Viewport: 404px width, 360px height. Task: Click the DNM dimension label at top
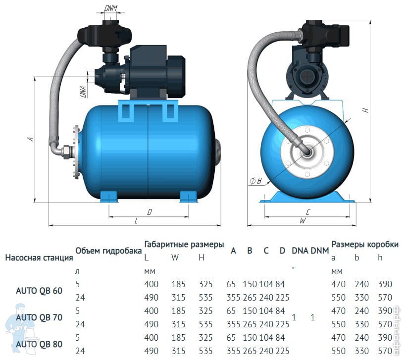[111, 8]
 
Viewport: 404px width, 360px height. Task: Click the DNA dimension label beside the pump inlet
[83, 92]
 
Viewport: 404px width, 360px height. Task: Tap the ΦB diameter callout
[255, 181]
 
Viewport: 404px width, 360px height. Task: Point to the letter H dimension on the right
[365, 110]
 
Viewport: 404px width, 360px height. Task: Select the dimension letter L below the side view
[136, 220]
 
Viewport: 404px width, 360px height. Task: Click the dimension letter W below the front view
[303, 220]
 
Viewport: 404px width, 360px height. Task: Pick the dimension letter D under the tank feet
[150, 212]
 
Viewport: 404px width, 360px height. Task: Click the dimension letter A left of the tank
[31, 139]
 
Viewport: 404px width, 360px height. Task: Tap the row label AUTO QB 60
[39, 291]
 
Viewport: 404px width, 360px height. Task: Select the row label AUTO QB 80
[39, 344]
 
